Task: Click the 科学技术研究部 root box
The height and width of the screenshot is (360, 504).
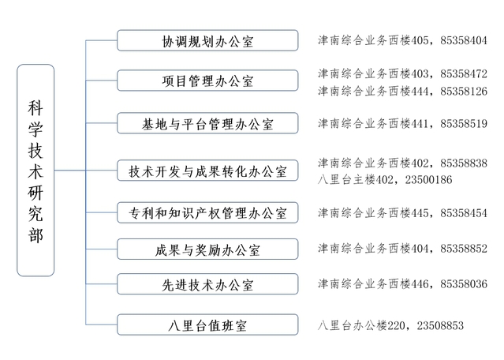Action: pyautogui.click(x=35, y=171)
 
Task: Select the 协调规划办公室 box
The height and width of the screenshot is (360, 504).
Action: pyautogui.click(x=207, y=40)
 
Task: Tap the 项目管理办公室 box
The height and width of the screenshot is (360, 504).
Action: pyautogui.click(x=207, y=81)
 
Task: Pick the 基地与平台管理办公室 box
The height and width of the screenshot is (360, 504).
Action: pyautogui.click(x=207, y=123)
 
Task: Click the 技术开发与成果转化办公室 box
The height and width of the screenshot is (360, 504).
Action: pyautogui.click(x=207, y=171)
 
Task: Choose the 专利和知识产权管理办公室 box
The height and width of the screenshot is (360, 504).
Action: pyautogui.click(x=207, y=212)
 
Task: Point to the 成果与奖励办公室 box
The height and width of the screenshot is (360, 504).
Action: pyautogui.click(x=207, y=249)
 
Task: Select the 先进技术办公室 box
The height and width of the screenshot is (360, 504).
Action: pyautogui.click(x=207, y=284)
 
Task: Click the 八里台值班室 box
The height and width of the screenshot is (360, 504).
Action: pyautogui.click(x=207, y=325)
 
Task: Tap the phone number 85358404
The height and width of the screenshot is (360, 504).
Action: pyautogui.click(x=464, y=40)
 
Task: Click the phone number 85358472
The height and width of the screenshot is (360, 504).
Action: pyautogui.click(x=464, y=74)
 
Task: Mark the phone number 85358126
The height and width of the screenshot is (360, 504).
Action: pyautogui.click(x=464, y=92)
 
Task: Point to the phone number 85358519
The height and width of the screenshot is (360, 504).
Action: pyautogui.click(x=464, y=123)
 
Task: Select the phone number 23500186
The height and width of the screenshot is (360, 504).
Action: pyautogui.click(x=428, y=179)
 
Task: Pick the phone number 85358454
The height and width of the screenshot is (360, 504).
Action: pyautogui.click(x=464, y=213)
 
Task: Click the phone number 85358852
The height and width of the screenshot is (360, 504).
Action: pyautogui.click(x=464, y=249)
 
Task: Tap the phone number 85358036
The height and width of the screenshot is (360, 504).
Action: pyautogui.click(x=464, y=284)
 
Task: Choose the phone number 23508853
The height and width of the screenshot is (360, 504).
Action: pyautogui.click(x=440, y=325)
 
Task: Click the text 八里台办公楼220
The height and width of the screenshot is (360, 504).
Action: pyautogui.click(x=361, y=325)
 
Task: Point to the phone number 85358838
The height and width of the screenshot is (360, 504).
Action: pyautogui.click(x=464, y=163)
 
